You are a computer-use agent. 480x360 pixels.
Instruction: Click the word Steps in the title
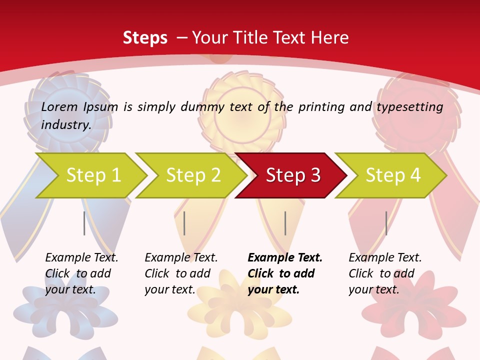coord(145,38)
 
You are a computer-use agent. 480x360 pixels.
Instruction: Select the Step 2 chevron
coord(193,175)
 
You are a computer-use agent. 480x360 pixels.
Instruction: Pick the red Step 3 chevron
coord(293,175)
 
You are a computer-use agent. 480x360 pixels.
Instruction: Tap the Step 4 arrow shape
coord(393,175)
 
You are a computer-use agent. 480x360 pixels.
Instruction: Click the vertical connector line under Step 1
coord(84,223)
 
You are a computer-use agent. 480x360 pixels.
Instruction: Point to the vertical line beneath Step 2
coord(184,223)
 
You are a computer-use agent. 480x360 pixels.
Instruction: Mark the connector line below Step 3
coord(285,223)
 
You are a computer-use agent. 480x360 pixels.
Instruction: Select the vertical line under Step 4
coord(386,223)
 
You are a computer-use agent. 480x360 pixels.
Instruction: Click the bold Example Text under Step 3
coord(285,273)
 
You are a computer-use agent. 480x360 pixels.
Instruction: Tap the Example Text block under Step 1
coord(81,273)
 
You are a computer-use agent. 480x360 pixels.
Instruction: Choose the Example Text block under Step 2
coord(181,273)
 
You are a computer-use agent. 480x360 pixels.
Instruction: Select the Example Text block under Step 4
coord(385,273)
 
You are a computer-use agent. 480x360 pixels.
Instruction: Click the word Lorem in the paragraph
coord(59,106)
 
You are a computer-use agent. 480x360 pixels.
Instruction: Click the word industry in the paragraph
coord(66,125)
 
